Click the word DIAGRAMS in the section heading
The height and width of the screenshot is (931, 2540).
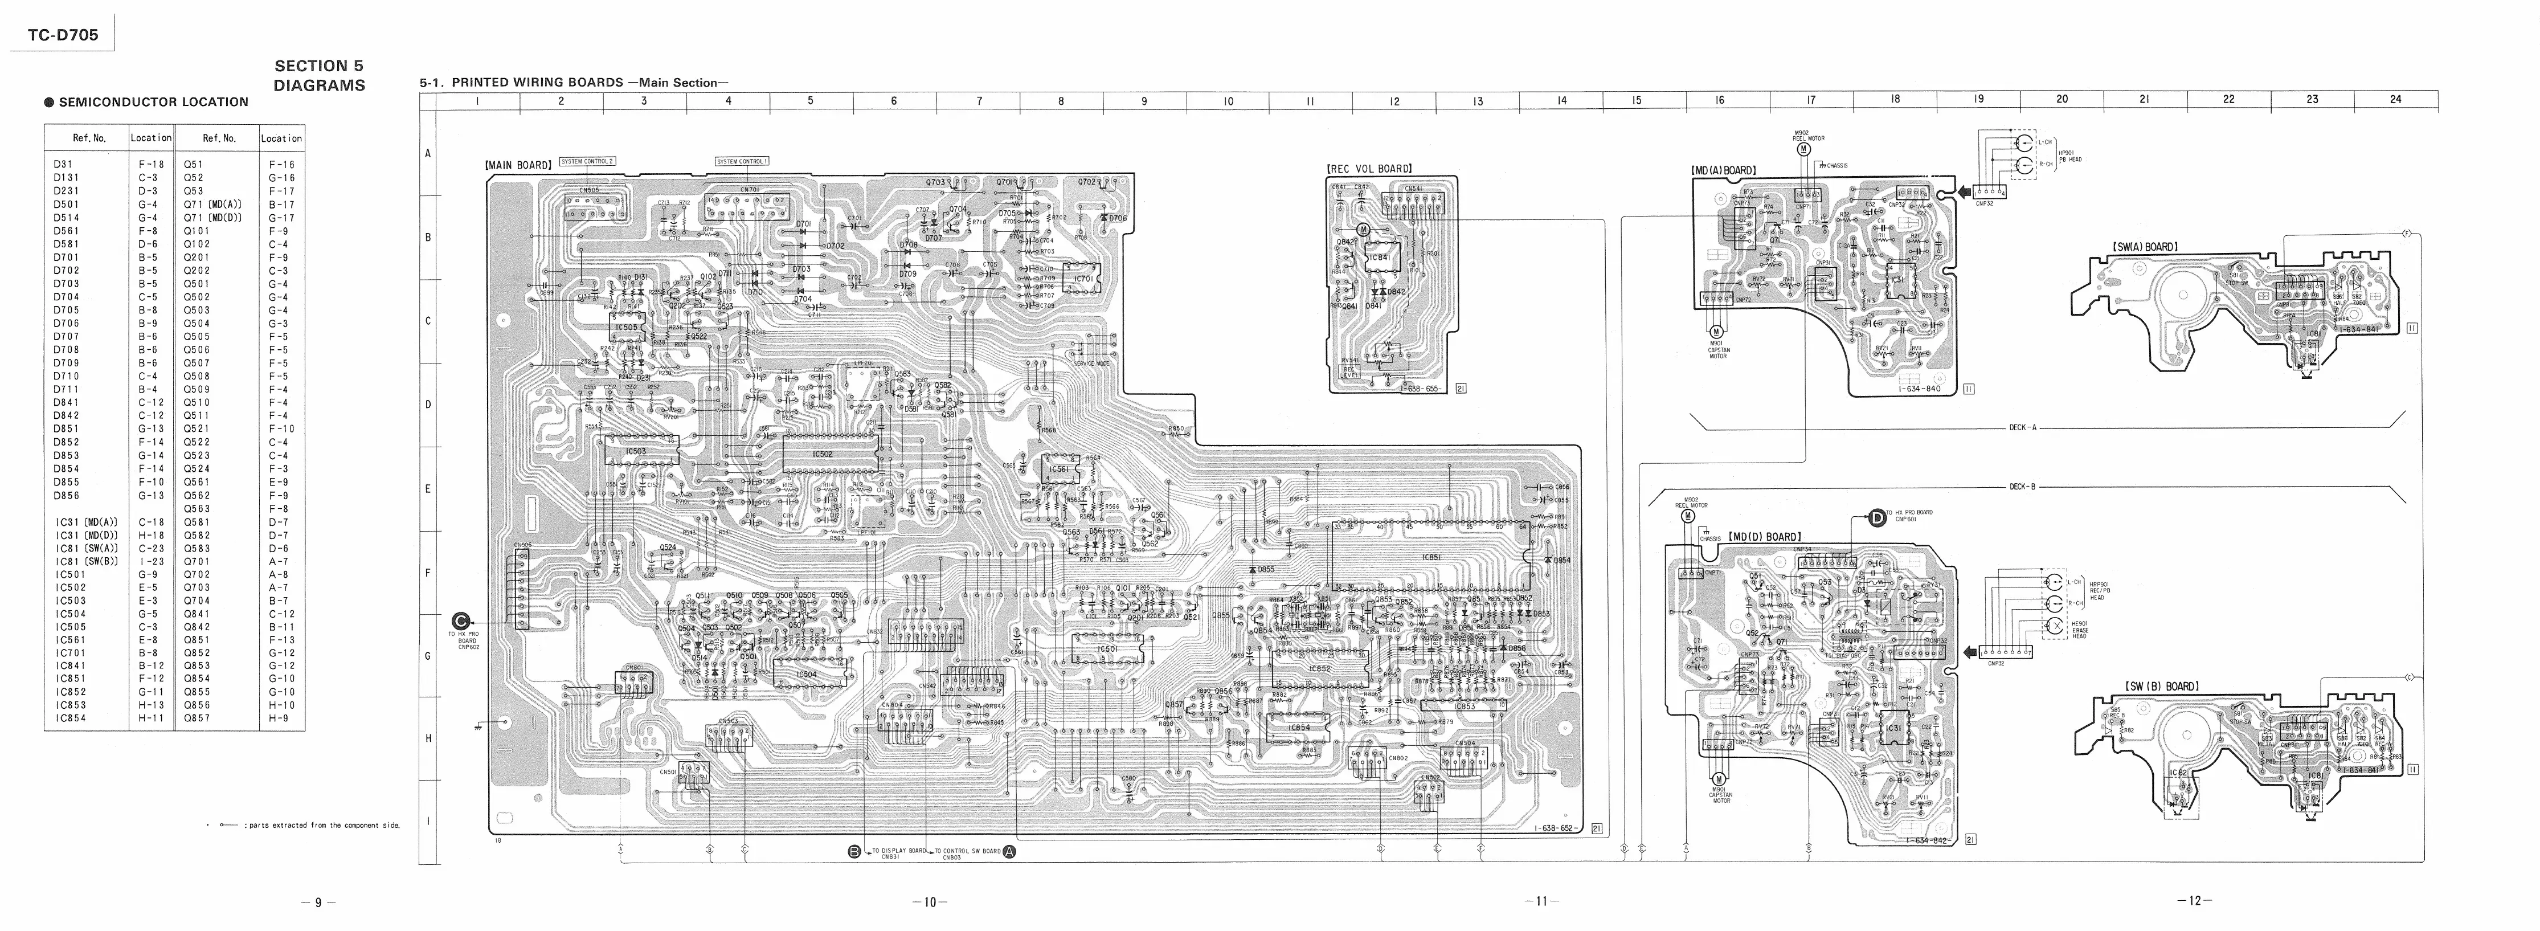click(x=318, y=86)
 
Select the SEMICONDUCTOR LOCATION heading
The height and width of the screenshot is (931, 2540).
click(x=153, y=101)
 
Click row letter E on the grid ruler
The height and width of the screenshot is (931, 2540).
click(x=428, y=489)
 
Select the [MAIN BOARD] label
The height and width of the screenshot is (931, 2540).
click(x=518, y=166)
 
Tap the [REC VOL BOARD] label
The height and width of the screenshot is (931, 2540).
click(x=1369, y=169)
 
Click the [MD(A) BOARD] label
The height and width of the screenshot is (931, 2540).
click(x=1724, y=170)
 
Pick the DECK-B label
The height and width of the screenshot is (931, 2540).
click(x=2022, y=486)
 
